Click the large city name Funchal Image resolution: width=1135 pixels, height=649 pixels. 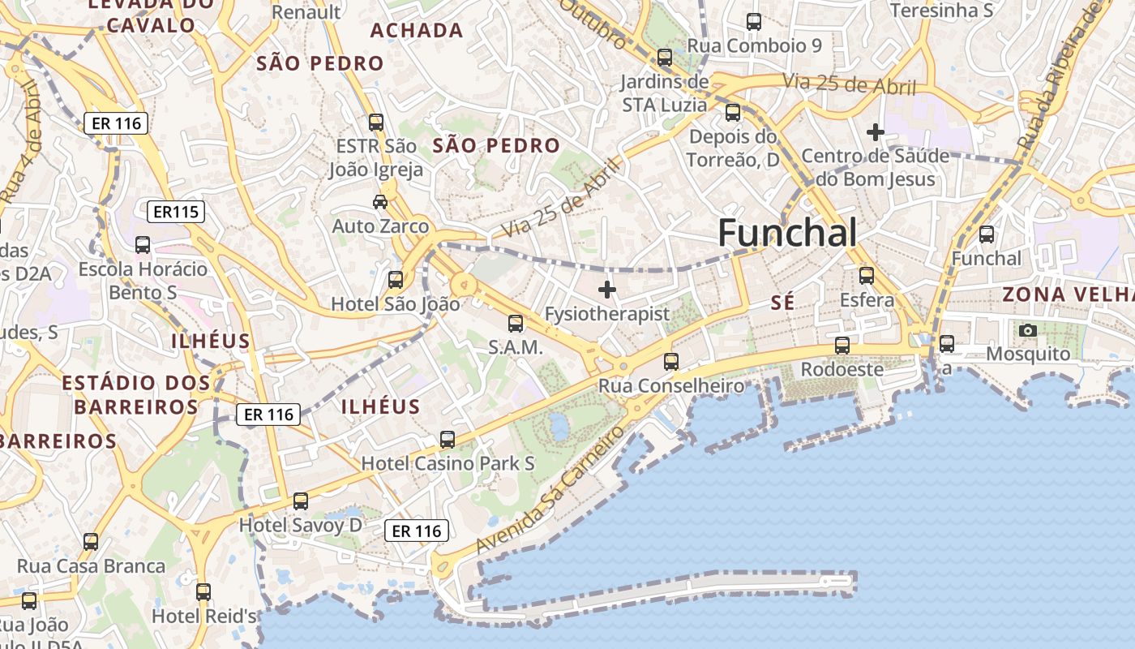click(x=787, y=233)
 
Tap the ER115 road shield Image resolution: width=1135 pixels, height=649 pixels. click(x=176, y=213)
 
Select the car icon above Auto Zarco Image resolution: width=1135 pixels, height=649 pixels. click(x=379, y=201)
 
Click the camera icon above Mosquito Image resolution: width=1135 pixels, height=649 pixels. click(x=1028, y=330)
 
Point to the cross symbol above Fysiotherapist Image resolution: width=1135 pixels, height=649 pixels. click(x=606, y=289)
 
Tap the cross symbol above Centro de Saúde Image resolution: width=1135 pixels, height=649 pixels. click(x=875, y=131)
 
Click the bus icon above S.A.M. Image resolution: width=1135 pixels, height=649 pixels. click(x=515, y=324)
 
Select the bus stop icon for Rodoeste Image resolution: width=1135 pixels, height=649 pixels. click(x=842, y=346)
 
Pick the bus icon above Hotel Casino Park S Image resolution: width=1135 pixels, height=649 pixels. click(x=447, y=440)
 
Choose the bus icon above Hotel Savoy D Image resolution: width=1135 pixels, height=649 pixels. click(x=301, y=501)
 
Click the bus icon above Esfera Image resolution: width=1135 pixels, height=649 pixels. click(x=867, y=276)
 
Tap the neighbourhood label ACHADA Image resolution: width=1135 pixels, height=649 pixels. click(x=417, y=31)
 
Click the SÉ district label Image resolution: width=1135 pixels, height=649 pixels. click(x=782, y=303)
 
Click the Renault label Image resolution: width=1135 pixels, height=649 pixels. click(x=306, y=12)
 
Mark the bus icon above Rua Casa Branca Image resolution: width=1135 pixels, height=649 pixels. click(x=91, y=542)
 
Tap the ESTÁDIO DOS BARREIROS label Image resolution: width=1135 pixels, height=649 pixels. click(x=136, y=394)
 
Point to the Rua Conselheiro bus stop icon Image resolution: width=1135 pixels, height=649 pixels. click(x=670, y=362)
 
